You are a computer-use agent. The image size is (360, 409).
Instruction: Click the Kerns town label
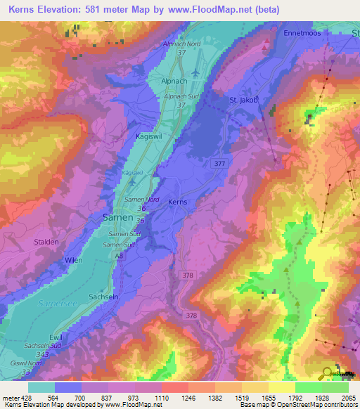click(178, 202)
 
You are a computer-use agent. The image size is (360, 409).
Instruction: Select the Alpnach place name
click(165, 81)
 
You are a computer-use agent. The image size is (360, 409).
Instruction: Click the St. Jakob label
click(245, 100)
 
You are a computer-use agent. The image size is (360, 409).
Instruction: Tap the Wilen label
click(73, 260)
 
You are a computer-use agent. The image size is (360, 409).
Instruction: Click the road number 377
click(219, 163)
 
